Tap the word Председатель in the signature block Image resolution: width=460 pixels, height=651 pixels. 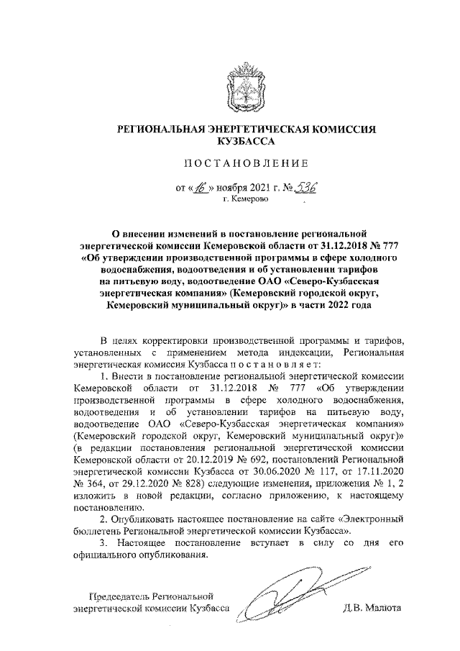click(121, 596)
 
